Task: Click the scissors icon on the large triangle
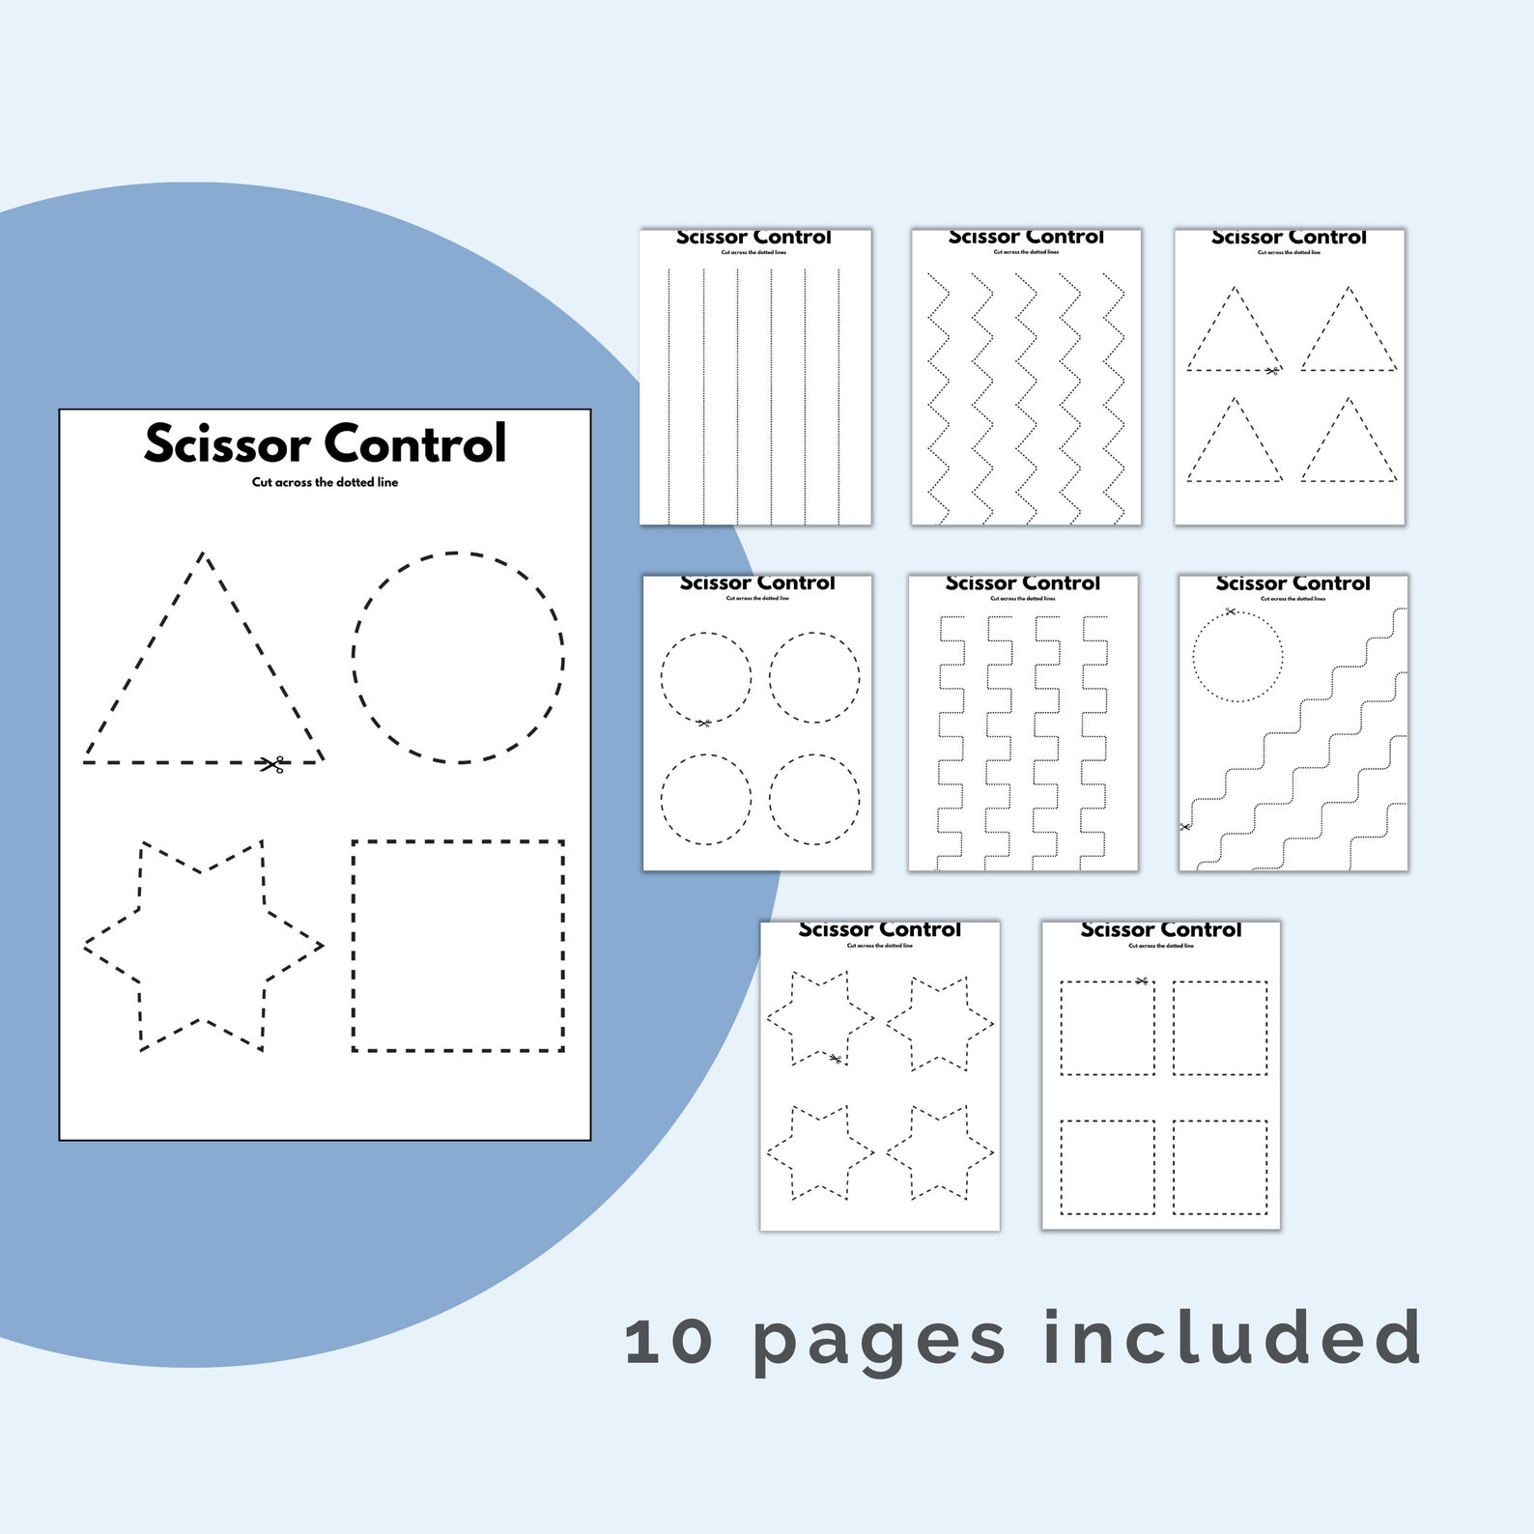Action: pos(273,764)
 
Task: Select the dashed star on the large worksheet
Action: pos(203,946)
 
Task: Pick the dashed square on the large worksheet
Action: pos(458,946)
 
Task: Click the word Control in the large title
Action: pos(415,444)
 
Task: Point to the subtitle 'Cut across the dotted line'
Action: pos(325,482)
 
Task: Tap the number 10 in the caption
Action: pos(668,1342)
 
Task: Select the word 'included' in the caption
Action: pos(1232,1338)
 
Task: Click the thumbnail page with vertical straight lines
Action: pos(754,378)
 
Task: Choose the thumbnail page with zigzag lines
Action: pos(1026,378)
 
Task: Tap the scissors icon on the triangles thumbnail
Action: pos(1272,370)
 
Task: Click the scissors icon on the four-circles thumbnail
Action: pos(703,723)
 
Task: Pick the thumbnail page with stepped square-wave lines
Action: pos(1023,724)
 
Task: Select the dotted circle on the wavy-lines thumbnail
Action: pos(1237,657)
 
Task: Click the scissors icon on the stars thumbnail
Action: pos(836,1059)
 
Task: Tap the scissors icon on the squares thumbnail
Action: pos(1142,981)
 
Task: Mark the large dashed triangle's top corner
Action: pos(203,554)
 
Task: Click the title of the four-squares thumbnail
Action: pos(1160,929)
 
